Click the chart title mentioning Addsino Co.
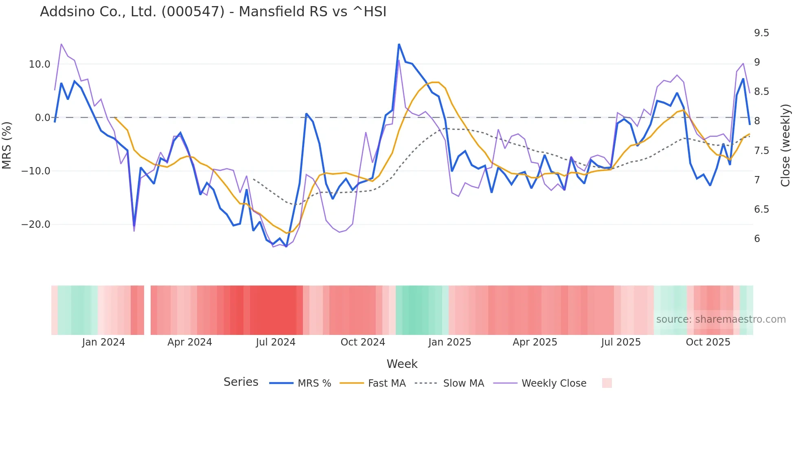point(213,12)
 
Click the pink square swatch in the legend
point(607,383)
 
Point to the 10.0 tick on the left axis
point(39,64)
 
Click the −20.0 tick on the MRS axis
point(36,224)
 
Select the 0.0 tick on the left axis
point(42,118)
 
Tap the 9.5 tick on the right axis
point(761,33)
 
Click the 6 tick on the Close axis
point(757,239)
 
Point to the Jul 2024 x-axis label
point(276,342)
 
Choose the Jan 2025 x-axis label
point(449,342)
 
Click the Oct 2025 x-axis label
point(708,342)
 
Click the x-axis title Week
point(402,364)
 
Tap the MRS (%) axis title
point(7,145)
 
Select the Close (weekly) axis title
point(785,145)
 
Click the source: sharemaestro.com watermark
point(721,319)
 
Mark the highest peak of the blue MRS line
point(399,44)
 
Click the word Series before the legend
point(241,382)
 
